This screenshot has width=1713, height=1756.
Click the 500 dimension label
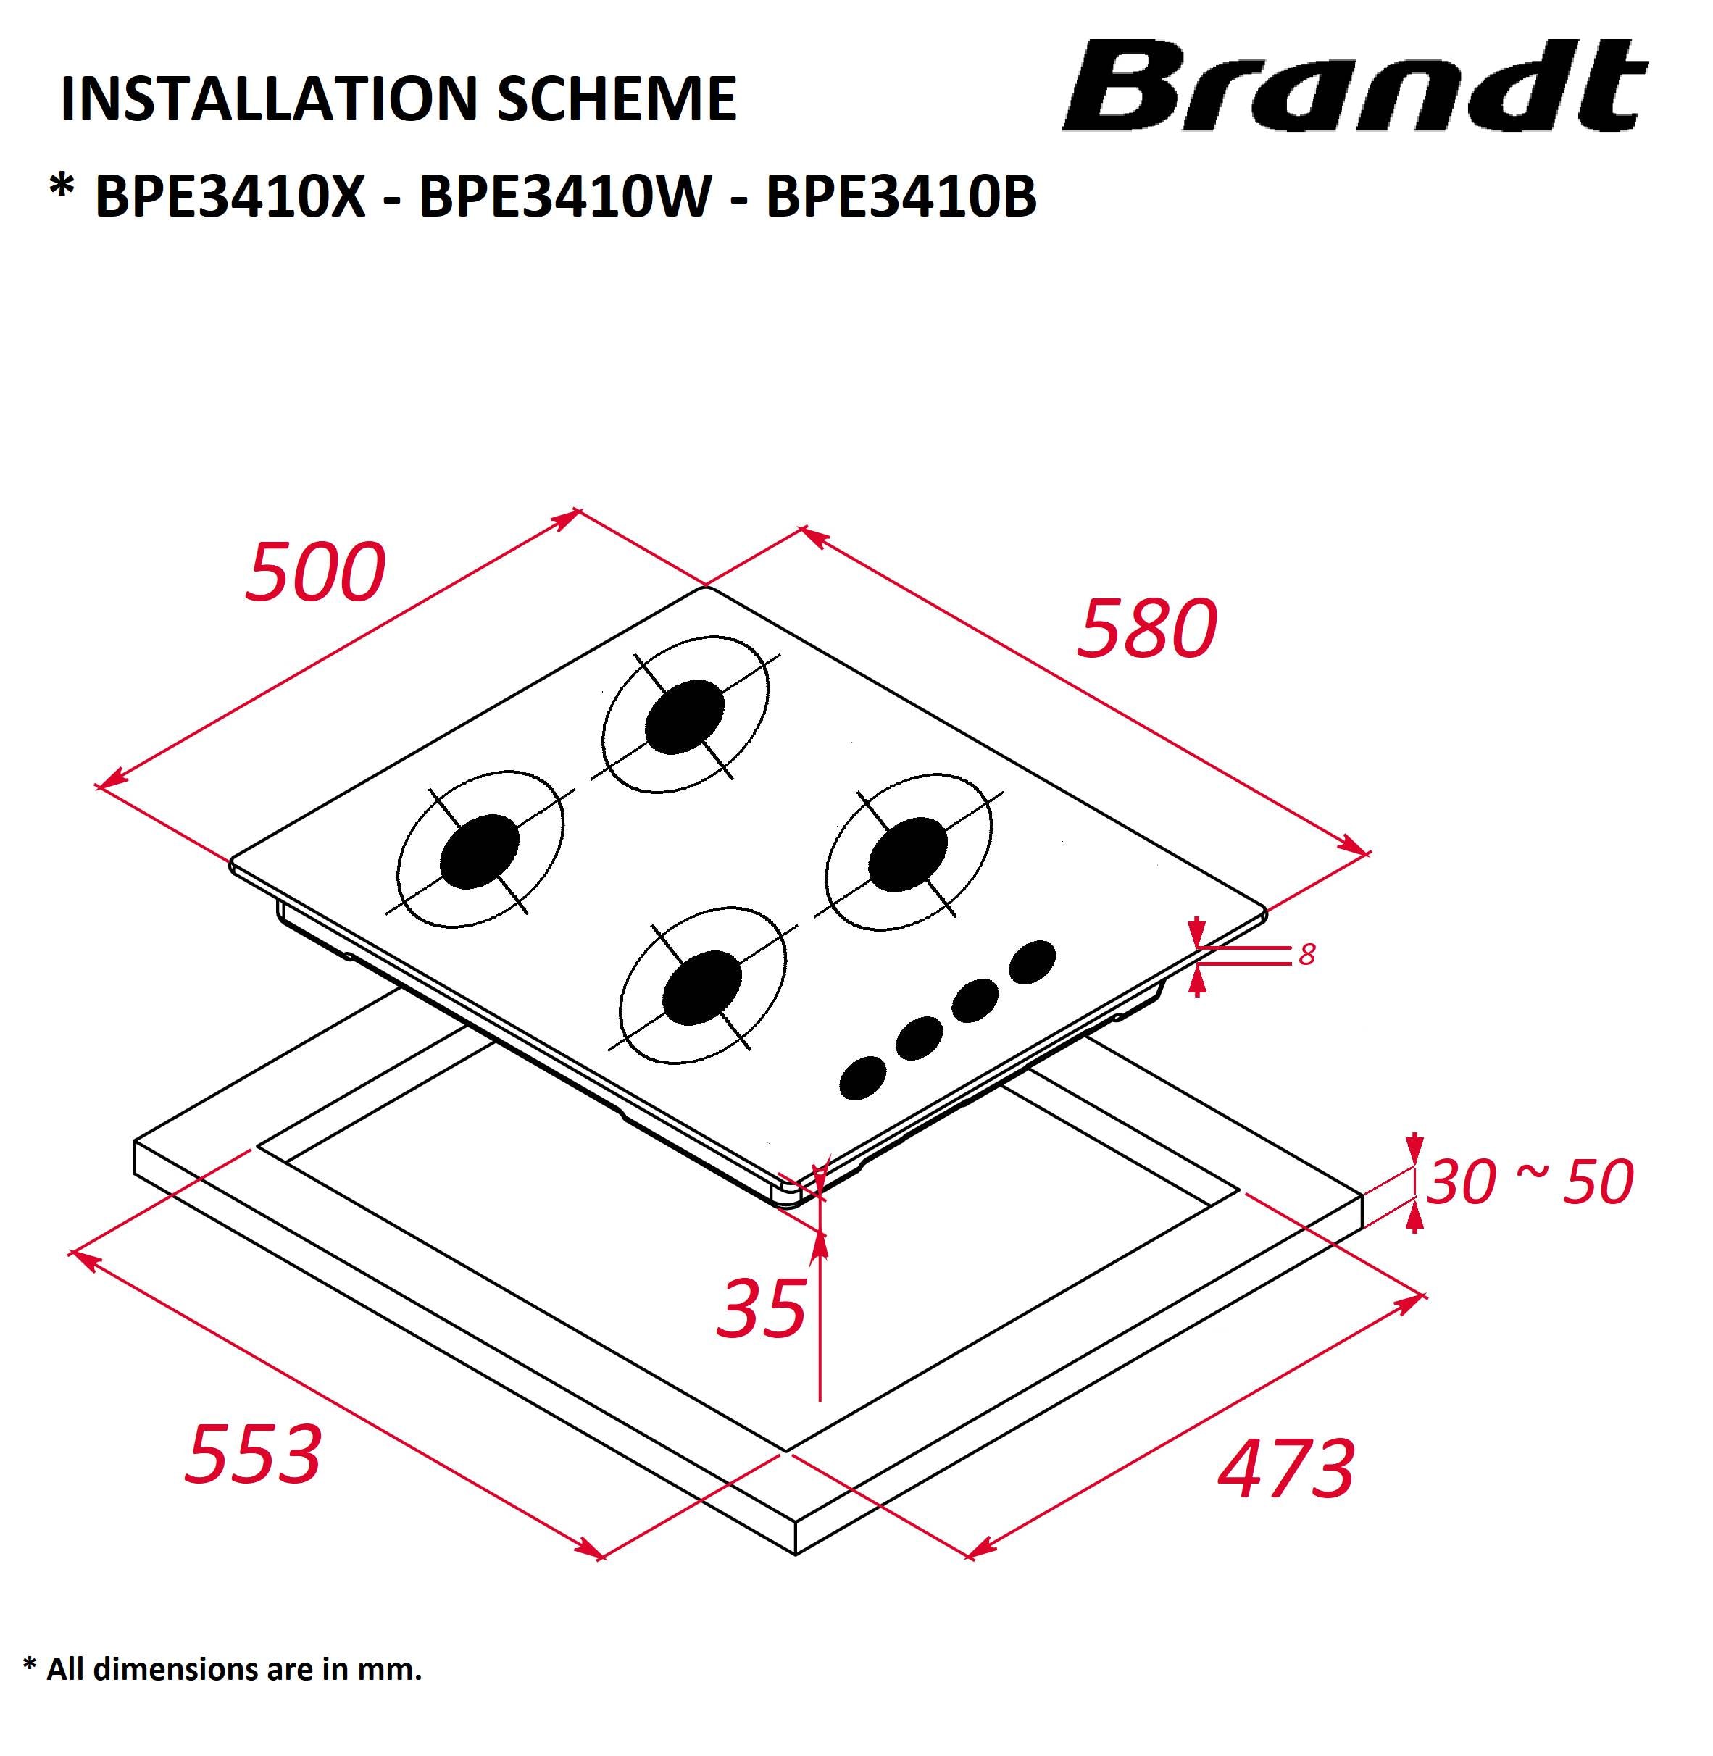tap(315, 572)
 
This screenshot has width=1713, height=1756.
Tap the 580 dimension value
tap(1147, 628)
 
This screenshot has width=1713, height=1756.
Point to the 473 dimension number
tap(1285, 1468)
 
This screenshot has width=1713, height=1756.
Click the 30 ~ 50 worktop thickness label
tap(1530, 1181)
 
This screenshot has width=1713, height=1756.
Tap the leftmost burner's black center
tap(480, 851)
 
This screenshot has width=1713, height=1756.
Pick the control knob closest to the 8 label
tap(1032, 961)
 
